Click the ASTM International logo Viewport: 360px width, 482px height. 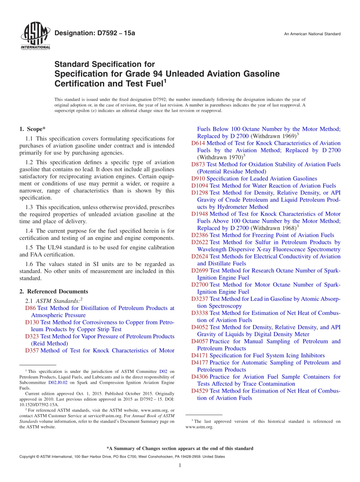tap(35, 37)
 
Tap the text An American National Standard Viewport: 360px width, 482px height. tap(312, 34)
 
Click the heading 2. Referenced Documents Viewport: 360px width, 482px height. tap(54, 291)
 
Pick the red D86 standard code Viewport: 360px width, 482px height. tap(30, 308)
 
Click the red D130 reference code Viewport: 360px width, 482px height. tap(32, 322)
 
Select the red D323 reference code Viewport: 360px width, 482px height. tap(32, 336)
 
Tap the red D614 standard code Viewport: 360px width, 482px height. tap(198, 143)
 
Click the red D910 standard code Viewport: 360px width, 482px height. tap(198, 178)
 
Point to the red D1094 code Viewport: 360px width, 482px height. tap(200, 186)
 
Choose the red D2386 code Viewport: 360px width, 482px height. tap(200, 235)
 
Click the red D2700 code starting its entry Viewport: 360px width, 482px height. tap(200, 285)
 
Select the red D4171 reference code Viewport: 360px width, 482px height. tap(200, 355)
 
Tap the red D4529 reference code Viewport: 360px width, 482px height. tap(200, 391)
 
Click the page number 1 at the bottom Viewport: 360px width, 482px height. tap(180, 466)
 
